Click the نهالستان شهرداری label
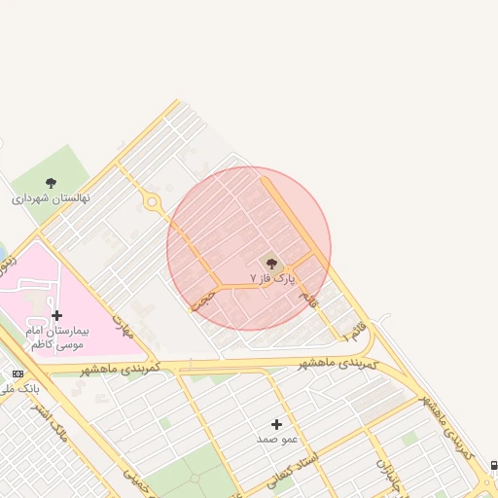[51, 197]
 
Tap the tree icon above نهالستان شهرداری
[51, 182]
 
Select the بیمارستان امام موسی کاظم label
[57, 338]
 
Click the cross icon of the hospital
[57, 315]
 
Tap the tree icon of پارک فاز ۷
[271, 263]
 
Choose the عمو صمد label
[275, 440]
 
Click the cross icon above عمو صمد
[276, 424]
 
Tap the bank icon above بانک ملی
[18, 373]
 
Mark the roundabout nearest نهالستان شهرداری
[152, 202]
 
